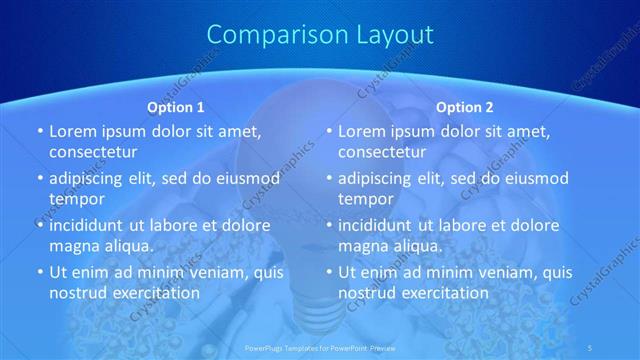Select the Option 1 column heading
176,107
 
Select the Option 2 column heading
465,107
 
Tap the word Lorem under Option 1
73,131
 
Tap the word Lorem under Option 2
362,131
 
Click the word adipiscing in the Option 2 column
381,178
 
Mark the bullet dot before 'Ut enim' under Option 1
40,272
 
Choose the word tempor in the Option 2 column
363,198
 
